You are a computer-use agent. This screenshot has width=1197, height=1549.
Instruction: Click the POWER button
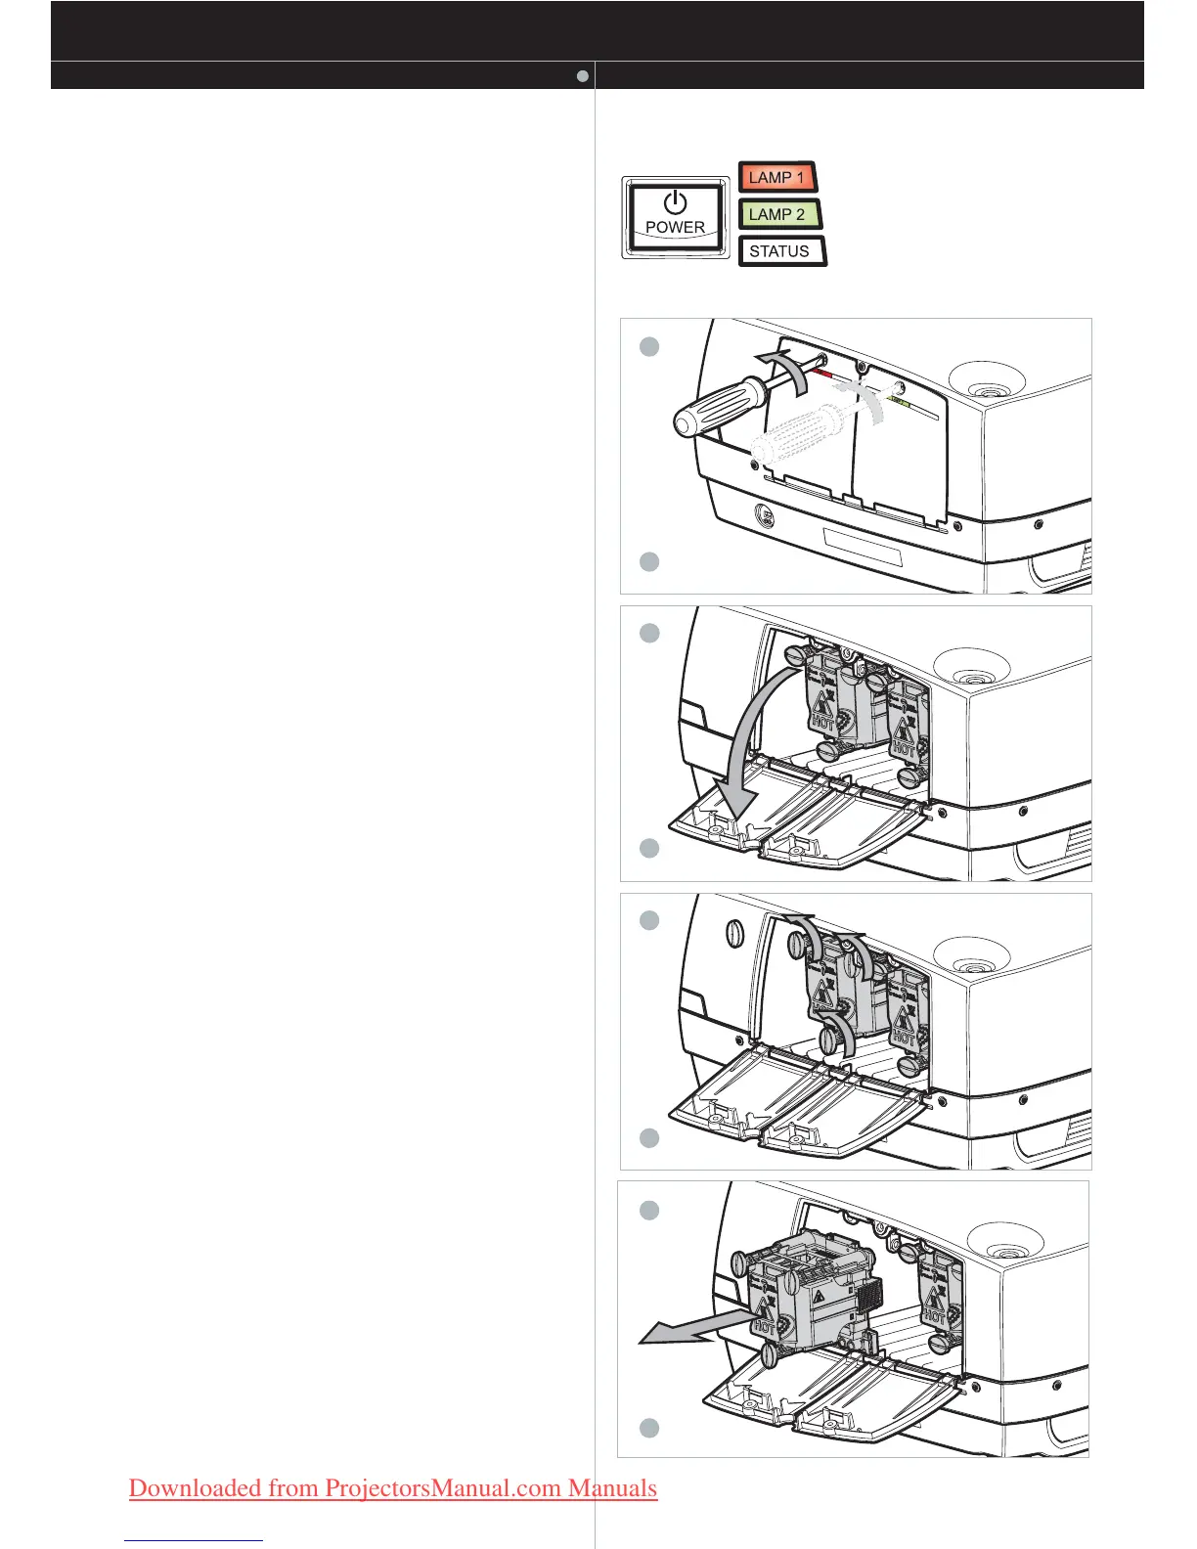[676, 218]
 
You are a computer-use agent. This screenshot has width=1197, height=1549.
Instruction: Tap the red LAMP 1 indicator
[776, 177]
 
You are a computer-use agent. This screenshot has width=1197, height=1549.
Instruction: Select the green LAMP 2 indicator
[778, 214]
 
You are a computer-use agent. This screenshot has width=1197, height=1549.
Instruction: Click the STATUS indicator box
[780, 251]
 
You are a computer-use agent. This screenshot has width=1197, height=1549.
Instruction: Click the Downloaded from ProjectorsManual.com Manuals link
[392, 1488]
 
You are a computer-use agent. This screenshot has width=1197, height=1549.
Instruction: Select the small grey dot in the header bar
[582, 75]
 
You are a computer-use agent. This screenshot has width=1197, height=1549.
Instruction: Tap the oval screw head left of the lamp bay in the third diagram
[735, 934]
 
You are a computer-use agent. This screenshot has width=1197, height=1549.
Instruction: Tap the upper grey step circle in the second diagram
[649, 633]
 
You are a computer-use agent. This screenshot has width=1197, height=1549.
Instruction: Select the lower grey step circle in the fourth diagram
[649, 1428]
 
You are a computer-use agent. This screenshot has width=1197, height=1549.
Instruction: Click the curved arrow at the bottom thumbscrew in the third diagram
[839, 1034]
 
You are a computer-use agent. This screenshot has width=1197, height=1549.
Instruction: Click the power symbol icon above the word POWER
[676, 202]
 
